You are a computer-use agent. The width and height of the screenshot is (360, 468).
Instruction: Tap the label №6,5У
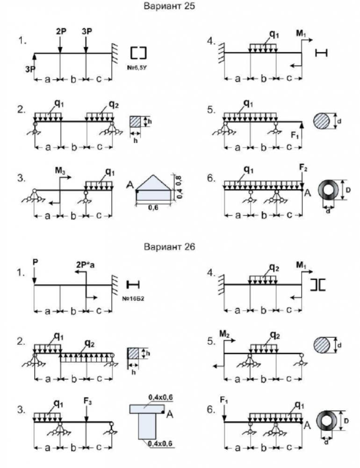(137, 66)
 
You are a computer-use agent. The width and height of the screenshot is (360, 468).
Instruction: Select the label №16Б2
(135, 297)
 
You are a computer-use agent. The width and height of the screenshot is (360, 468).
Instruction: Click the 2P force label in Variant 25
(61, 31)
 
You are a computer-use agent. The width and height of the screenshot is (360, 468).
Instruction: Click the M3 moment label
(61, 171)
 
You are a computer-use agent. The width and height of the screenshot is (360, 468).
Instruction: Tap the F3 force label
(86, 401)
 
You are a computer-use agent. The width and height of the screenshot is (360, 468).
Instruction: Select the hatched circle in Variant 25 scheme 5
(322, 121)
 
